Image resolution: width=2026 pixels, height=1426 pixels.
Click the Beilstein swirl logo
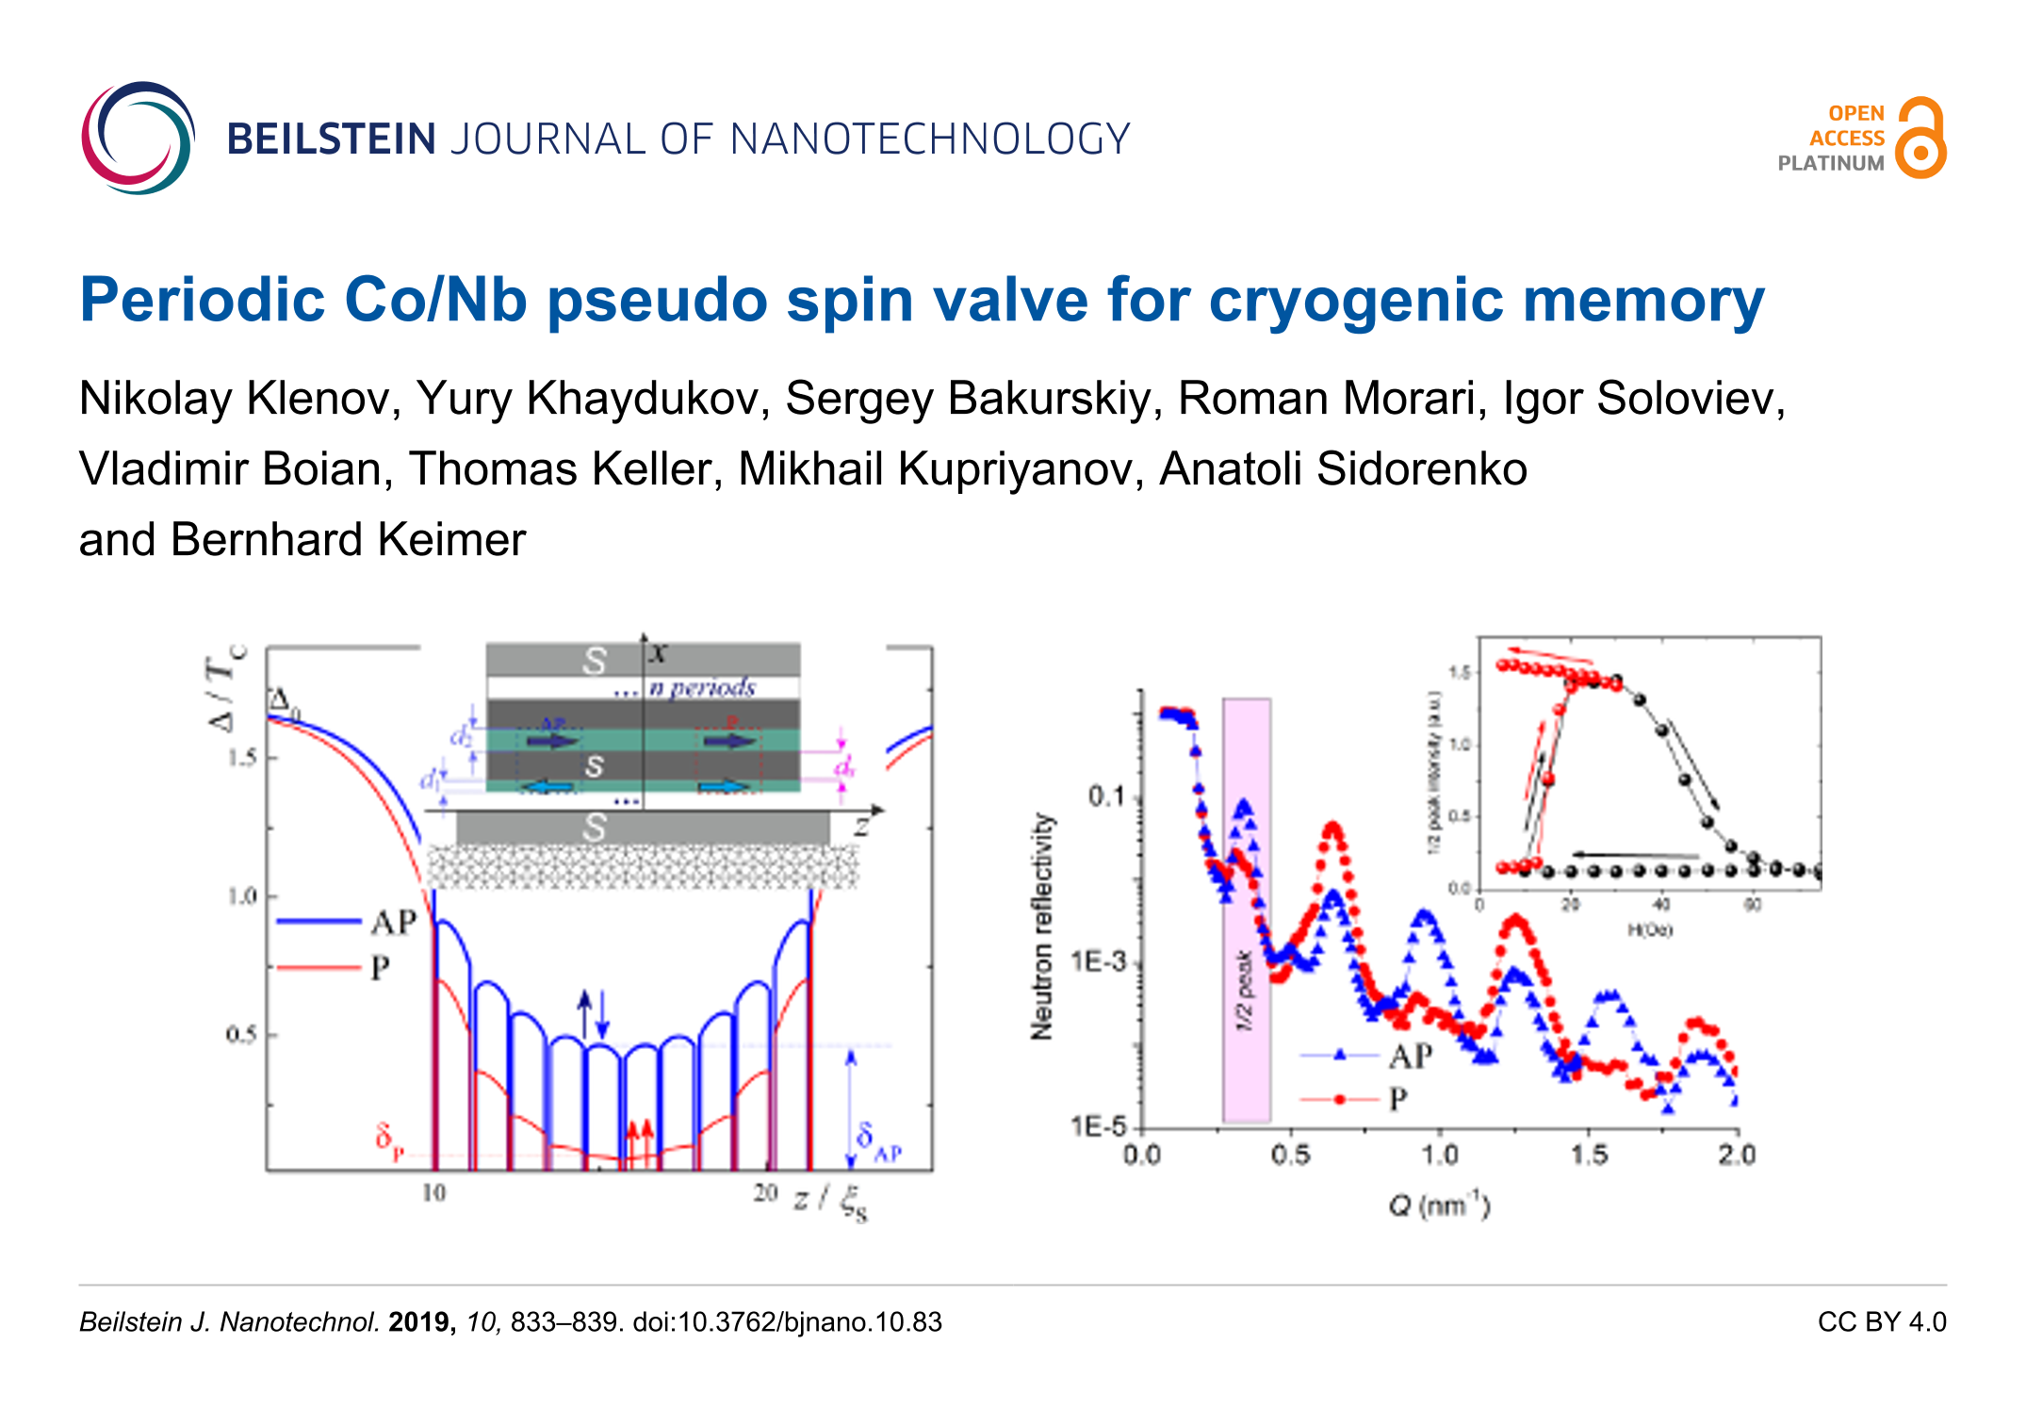pos(138,138)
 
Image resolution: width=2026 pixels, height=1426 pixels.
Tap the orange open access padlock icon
pos(1920,139)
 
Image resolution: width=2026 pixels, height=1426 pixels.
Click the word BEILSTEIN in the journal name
pos(331,139)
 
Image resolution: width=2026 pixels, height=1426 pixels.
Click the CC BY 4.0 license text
pos(1881,1321)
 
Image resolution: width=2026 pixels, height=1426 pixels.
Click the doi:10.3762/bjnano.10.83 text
pos(787,1322)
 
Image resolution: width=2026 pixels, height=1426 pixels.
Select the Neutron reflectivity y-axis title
pos(1041,926)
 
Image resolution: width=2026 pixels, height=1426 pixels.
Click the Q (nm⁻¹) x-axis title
pos(1439,1205)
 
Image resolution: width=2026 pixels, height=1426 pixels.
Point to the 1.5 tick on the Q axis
pos(1589,1155)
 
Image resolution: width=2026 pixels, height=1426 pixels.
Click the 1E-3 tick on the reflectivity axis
pos(1099,961)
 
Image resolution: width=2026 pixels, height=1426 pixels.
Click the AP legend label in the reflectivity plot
pos(1410,1057)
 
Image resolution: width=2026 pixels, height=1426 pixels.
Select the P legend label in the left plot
pos(381,968)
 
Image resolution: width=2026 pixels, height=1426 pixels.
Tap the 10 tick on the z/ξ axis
pos(433,1193)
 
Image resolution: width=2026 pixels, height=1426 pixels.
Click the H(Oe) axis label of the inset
pos(1649,930)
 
